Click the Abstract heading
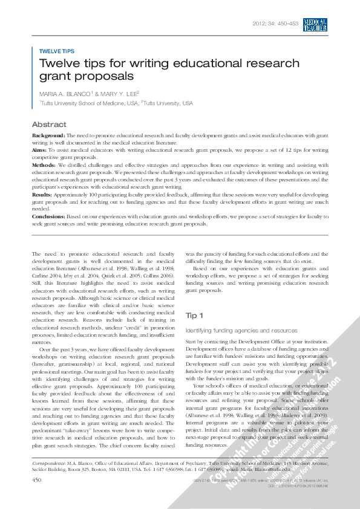[x=49, y=125]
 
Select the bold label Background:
[x=48, y=136]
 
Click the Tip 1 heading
[x=194, y=316]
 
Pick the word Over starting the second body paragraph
[x=45, y=349]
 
